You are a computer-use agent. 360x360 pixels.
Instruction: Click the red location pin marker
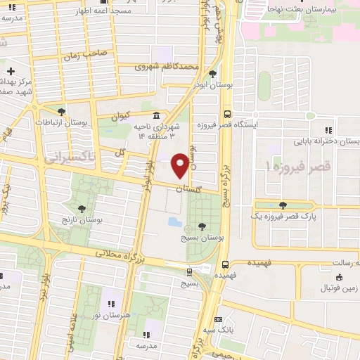[x=180, y=165]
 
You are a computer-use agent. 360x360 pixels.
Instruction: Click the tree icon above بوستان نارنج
[x=82, y=208]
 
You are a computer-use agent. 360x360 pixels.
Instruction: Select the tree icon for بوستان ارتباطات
[x=61, y=111]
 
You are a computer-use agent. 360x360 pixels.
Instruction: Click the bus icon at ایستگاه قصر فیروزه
[x=226, y=113]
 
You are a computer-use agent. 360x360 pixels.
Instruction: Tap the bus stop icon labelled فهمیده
[x=225, y=265]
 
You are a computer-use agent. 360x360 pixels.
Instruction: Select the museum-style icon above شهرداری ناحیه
[x=155, y=115]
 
